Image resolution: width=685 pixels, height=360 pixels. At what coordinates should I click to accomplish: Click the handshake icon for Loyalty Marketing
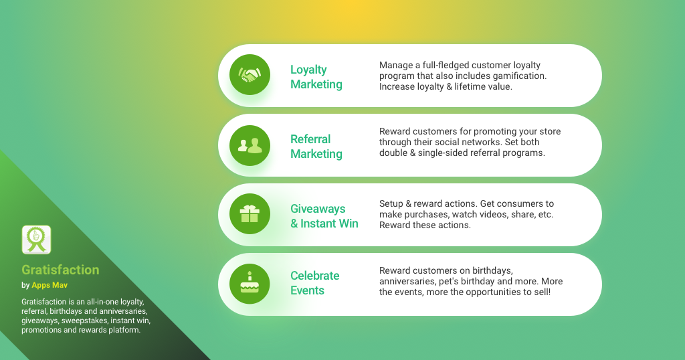[x=250, y=75]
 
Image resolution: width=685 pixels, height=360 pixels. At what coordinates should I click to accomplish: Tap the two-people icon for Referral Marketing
[x=250, y=145]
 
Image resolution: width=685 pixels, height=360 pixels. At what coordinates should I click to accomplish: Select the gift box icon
[x=250, y=213]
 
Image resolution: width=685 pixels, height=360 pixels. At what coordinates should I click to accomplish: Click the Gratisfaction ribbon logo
[x=36, y=240]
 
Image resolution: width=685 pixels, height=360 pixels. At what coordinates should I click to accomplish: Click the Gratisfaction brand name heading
[x=60, y=270]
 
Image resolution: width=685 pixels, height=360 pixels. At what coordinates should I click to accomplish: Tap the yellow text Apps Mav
[x=50, y=285]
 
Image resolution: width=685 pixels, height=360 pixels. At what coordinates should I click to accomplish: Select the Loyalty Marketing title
[x=316, y=77]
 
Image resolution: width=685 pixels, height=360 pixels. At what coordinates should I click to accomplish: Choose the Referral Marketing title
[x=316, y=147]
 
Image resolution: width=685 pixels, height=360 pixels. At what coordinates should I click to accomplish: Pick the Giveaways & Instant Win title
[x=324, y=216]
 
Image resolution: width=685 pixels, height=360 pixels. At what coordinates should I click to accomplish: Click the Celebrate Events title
[x=315, y=282]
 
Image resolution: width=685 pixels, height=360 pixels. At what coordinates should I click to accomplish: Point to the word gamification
[x=519, y=76]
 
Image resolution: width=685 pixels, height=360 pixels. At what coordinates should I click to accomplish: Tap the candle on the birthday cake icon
[x=250, y=276]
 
